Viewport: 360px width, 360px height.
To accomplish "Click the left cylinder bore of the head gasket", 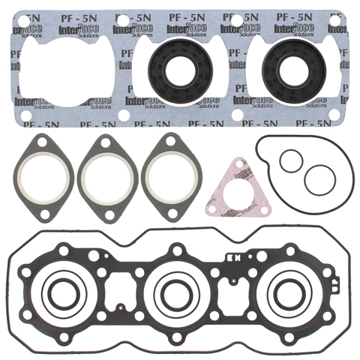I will [x=63, y=295].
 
